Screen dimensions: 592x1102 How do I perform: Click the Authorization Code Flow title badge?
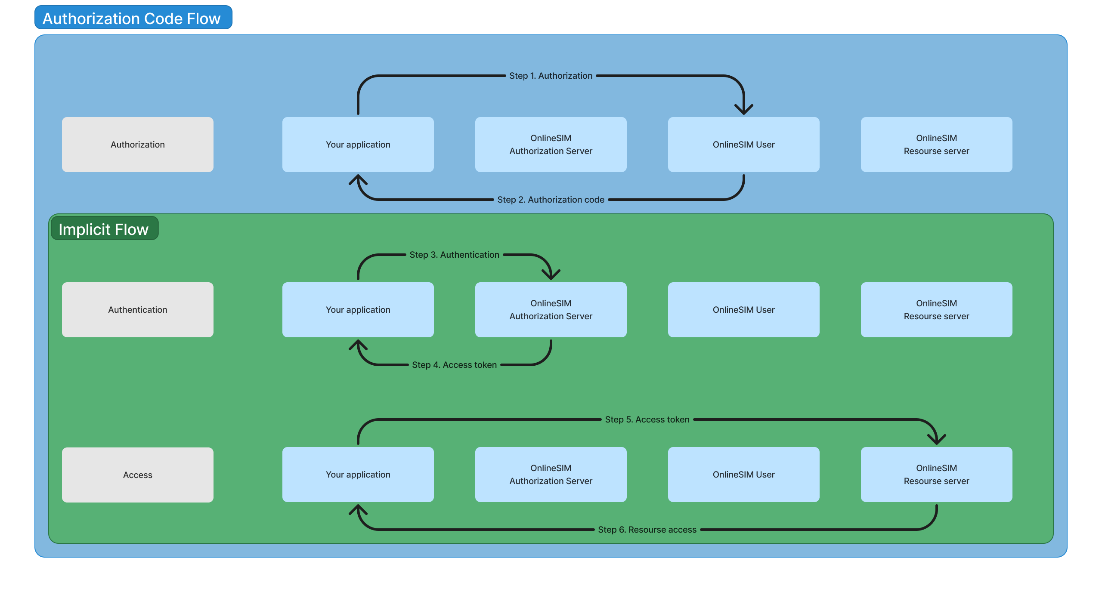133,18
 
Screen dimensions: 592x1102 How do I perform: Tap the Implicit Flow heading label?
104,229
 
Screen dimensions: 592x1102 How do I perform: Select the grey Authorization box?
138,145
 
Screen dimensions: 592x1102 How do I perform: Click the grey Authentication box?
138,310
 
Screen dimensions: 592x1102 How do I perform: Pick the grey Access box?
138,475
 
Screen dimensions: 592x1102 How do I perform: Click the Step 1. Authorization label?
551,76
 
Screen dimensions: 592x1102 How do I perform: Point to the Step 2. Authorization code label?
551,200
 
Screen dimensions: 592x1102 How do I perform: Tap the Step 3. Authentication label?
454,255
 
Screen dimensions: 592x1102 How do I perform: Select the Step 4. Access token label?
454,365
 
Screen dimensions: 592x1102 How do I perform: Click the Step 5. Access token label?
647,419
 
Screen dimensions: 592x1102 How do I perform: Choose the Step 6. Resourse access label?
647,530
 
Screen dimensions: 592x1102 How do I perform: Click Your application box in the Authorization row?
358,145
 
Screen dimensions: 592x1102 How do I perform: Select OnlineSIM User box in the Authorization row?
743,145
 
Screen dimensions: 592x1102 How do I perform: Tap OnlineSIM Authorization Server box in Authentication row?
551,310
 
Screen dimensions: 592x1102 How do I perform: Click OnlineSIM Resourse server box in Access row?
936,475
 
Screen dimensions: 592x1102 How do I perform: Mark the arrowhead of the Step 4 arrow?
358,344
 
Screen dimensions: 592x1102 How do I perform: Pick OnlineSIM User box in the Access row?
743,475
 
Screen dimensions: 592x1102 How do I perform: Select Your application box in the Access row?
358,475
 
